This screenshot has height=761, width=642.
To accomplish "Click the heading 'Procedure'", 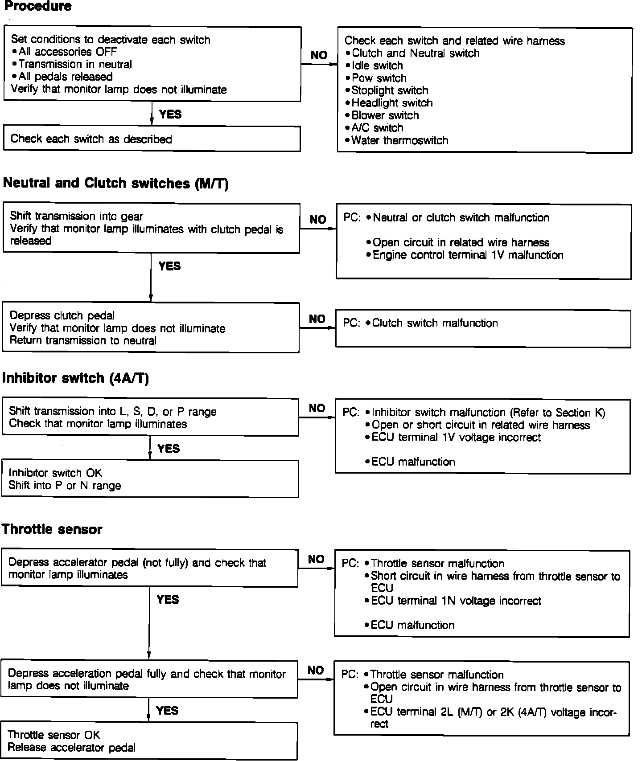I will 37,6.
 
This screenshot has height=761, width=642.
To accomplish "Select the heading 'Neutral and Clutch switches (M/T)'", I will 115,183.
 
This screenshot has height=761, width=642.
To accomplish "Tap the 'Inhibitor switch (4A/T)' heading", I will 75,378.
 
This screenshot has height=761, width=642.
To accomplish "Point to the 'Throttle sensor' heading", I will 52,529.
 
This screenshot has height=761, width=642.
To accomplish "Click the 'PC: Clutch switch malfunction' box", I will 483,328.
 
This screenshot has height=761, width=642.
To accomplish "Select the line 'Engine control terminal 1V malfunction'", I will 468,255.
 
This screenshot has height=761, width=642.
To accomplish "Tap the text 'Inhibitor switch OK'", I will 55,473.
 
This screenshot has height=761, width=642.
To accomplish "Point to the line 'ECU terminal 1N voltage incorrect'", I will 456,601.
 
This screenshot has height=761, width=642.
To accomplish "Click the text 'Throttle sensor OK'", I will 54,735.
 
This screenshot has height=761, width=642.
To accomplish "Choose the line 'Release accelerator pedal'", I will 71,748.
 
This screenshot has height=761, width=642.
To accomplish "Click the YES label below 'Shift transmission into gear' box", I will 169,266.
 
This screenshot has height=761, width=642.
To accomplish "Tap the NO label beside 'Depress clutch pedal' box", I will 317,319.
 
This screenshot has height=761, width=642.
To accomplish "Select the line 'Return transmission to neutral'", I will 83,341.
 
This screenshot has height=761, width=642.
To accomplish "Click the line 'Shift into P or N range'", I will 65,485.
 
